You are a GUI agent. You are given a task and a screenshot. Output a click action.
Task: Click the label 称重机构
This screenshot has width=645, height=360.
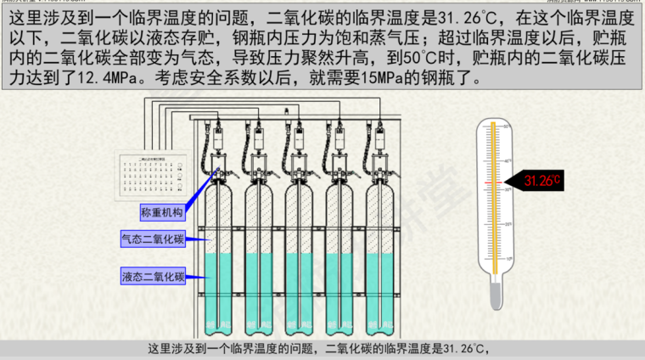pyautogui.click(x=161, y=211)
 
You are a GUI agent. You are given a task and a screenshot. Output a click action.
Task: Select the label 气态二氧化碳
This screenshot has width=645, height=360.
pyautogui.click(x=153, y=240)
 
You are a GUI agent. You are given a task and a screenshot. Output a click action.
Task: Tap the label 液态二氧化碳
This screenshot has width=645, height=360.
pyautogui.click(x=153, y=276)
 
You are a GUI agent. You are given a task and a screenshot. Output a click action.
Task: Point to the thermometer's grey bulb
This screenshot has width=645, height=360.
pyautogui.click(x=494, y=294)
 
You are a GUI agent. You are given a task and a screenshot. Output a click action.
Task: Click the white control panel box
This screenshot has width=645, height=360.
pyautogui.click(x=150, y=177)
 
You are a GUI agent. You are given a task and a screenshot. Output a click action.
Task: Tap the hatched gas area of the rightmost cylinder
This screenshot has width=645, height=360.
pyautogui.click(x=382, y=217)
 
